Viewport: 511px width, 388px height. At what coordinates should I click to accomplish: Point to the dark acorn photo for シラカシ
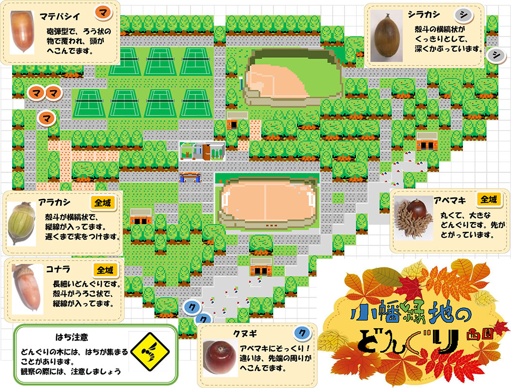pos(386,36)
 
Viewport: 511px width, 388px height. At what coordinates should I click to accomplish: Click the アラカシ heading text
pos(55,202)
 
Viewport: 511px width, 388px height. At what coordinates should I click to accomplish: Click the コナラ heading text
pos(54,270)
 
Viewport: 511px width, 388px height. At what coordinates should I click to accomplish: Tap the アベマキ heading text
pos(450,200)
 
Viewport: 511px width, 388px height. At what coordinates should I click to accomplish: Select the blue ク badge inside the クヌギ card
pos(302,333)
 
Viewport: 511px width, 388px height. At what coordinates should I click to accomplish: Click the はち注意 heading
pos(71,336)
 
